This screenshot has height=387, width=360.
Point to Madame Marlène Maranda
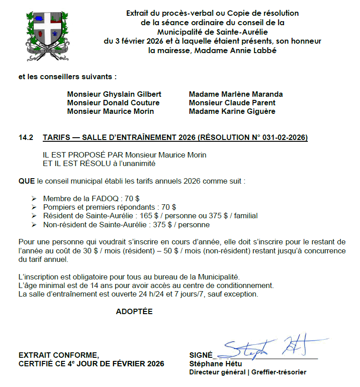(x=236, y=94)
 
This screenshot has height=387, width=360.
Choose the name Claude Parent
(x=249, y=103)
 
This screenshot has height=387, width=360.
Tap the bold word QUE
(x=27, y=181)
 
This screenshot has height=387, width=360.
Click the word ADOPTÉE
(x=134, y=311)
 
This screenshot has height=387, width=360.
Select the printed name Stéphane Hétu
(x=216, y=364)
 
